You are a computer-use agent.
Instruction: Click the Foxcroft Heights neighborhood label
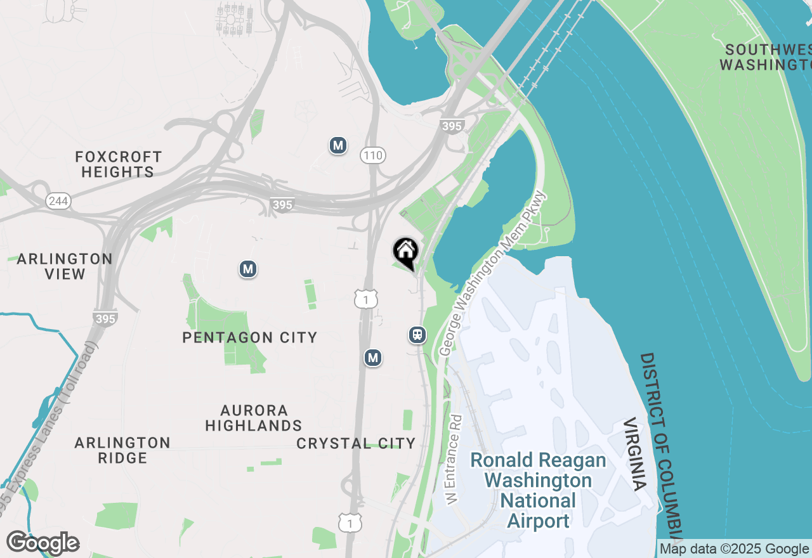(x=118, y=164)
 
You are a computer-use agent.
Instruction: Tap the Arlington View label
(x=65, y=266)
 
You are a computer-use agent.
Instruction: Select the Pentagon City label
(x=249, y=337)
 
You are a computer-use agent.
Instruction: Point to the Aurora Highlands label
(x=254, y=418)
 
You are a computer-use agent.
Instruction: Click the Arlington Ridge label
(x=122, y=450)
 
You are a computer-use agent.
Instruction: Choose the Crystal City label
(x=356, y=443)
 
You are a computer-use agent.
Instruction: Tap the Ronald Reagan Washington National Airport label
(x=538, y=490)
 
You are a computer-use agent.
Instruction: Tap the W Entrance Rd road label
(x=454, y=460)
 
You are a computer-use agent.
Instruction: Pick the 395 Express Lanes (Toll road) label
(x=48, y=431)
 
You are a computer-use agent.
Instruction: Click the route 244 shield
(x=58, y=201)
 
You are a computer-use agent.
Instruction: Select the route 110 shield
(x=373, y=155)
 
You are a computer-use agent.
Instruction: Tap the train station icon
(x=417, y=334)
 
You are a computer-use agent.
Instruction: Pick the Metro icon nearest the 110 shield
(x=338, y=145)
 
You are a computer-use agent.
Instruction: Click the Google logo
(x=43, y=543)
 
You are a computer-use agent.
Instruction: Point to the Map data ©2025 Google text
(x=734, y=549)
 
